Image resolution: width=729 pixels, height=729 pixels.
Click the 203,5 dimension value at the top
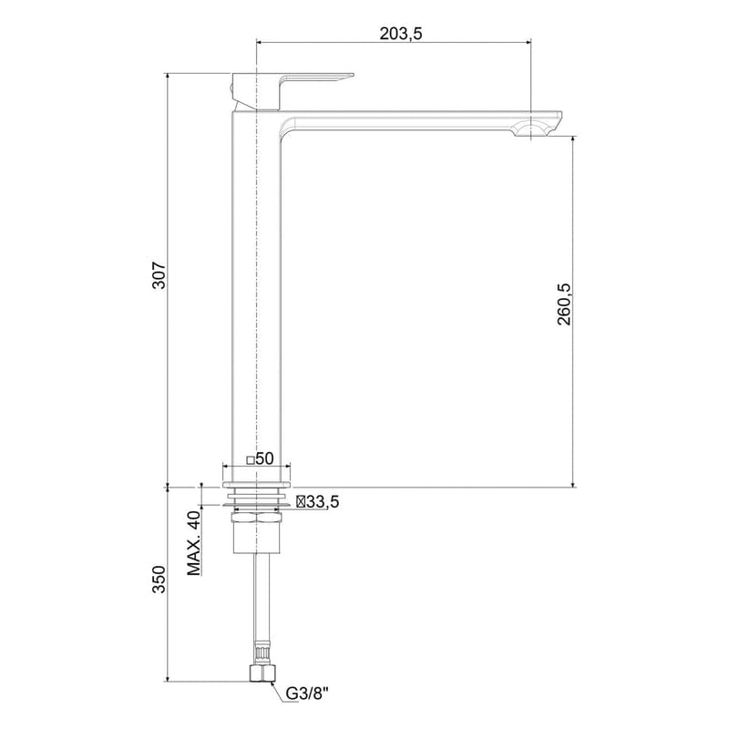401,34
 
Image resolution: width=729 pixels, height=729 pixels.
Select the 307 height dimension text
158,277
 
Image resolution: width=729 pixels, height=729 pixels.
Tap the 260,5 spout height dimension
564,303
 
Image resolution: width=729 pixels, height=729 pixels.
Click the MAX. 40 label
193,543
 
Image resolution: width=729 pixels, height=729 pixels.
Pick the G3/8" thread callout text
307,693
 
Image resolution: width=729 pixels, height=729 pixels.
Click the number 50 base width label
265,458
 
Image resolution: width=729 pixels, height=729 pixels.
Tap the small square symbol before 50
250,459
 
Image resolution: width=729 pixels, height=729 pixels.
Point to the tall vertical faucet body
258,292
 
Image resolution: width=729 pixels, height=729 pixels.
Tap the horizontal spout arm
410,118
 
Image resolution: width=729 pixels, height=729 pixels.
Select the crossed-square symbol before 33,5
301,501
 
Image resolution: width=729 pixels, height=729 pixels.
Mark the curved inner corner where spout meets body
288,128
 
